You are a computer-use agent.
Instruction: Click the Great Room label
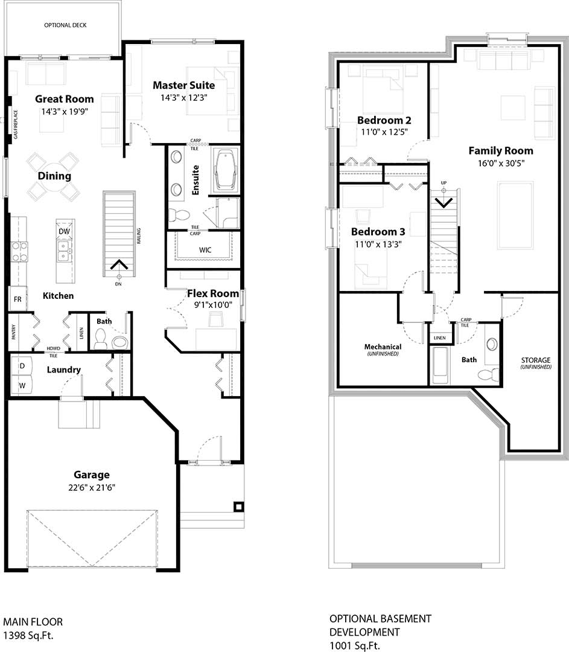click(64, 99)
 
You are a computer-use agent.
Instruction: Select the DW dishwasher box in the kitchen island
click(65, 232)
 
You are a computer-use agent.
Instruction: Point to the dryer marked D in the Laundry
click(22, 366)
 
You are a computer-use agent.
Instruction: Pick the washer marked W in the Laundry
click(22, 385)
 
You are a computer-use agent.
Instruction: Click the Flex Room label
click(212, 294)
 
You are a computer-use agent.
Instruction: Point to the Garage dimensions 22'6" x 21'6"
click(92, 487)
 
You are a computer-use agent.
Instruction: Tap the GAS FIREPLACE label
click(16, 124)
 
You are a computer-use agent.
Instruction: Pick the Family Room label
click(501, 151)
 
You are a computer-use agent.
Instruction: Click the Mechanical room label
click(383, 347)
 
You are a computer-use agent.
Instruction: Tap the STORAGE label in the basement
click(536, 360)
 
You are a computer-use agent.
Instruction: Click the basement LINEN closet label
click(440, 338)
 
